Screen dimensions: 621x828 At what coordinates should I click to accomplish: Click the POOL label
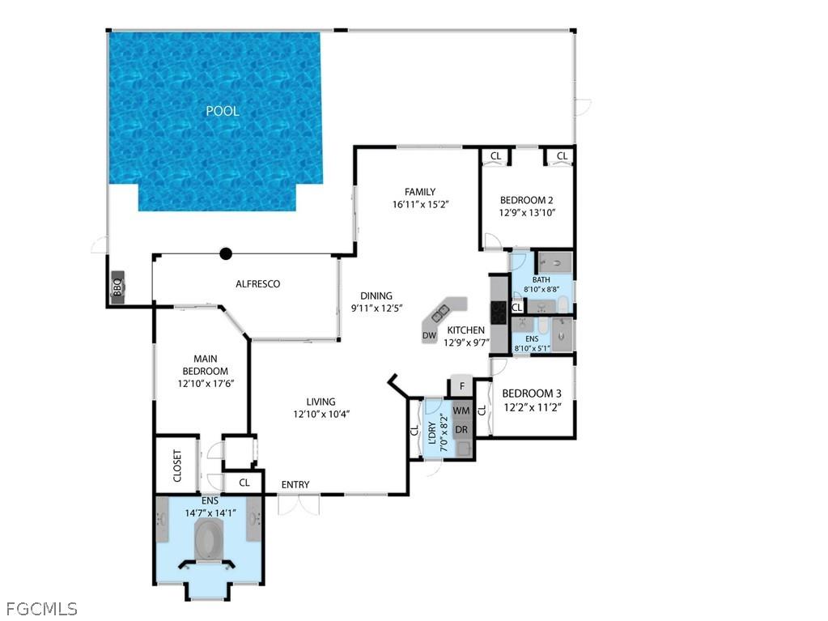click(x=222, y=111)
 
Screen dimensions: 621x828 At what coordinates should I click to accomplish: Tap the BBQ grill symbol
click(x=117, y=287)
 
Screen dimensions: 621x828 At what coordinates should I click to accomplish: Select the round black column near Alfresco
click(x=226, y=253)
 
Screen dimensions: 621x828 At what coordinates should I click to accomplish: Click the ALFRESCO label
click(x=257, y=284)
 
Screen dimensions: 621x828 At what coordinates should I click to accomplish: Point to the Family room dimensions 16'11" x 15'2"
click(x=420, y=205)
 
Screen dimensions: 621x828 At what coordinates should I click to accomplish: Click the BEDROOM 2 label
click(x=526, y=200)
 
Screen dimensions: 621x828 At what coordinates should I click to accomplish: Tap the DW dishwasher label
click(x=430, y=335)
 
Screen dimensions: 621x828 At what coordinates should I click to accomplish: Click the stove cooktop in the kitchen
click(x=499, y=309)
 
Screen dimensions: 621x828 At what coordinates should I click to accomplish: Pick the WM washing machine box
click(x=461, y=410)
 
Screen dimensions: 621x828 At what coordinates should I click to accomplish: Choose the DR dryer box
click(x=461, y=429)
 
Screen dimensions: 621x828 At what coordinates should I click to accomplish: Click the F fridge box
click(x=461, y=386)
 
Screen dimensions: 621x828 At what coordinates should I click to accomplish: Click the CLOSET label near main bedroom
click(x=178, y=466)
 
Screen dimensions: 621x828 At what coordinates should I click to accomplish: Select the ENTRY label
click(x=295, y=485)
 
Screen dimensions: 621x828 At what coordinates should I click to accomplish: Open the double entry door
click(x=298, y=504)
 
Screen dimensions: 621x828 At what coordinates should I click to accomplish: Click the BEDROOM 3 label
click(x=531, y=393)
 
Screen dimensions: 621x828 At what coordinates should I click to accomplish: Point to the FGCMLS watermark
click(x=41, y=607)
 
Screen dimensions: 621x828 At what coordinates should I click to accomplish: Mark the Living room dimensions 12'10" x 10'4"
click(x=321, y=414)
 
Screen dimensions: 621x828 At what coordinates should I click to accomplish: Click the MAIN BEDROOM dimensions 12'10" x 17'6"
click(x=199, y=383)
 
